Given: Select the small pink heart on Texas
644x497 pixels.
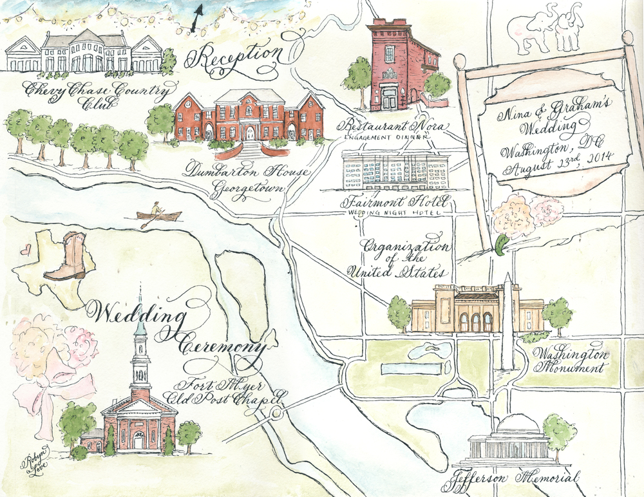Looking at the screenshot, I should [25, 249].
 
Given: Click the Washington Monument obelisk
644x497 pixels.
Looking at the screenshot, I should [508, 322].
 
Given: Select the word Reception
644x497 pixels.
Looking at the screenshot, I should [233, 57].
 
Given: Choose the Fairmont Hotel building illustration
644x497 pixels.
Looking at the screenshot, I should [395, 171].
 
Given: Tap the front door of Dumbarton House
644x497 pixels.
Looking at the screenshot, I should [249, 133].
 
